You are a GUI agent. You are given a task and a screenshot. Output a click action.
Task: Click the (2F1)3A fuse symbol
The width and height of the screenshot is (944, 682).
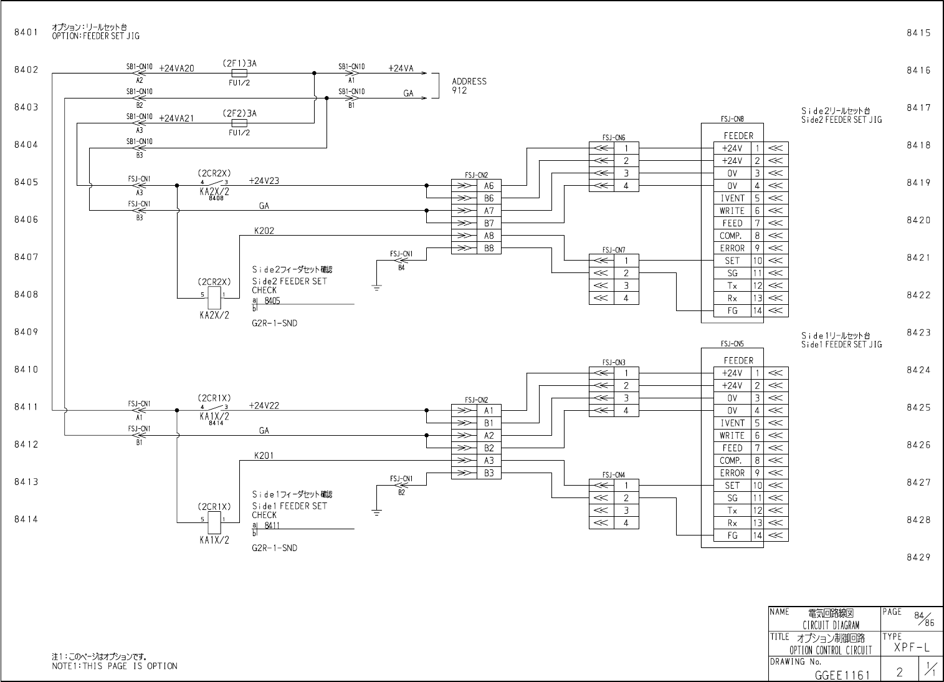239,73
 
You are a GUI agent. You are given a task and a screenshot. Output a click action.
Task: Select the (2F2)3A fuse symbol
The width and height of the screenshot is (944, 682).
239,123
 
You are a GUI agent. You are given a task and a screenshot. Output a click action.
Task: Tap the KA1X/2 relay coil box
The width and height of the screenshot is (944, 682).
213,523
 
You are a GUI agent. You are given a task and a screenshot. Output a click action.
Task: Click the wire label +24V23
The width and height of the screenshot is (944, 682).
264,181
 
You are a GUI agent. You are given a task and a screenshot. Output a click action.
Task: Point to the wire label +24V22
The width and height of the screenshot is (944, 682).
264,405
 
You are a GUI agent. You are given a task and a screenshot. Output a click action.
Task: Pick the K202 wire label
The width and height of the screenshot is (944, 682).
264,231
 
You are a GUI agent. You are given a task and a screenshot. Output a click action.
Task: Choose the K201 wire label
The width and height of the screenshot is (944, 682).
264,456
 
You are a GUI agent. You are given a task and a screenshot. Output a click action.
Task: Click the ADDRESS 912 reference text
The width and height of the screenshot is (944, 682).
469,86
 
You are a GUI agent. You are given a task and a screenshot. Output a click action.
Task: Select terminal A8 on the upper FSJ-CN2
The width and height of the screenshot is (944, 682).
489,236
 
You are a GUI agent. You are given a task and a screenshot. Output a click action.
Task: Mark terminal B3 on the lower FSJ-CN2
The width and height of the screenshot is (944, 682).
489,473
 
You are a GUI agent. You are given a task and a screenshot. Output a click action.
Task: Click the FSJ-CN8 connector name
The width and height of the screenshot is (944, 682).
732,118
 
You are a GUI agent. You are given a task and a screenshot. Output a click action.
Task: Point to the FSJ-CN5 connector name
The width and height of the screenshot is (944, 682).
732,343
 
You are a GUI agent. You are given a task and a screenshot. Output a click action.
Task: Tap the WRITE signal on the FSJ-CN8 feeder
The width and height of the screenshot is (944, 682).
732,211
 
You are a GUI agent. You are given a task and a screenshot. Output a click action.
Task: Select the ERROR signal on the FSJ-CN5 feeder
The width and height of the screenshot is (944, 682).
732,473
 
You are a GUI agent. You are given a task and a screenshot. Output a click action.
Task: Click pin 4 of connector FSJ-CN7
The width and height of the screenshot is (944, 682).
626,298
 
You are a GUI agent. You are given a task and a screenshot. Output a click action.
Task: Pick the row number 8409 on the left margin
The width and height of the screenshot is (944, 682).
26,332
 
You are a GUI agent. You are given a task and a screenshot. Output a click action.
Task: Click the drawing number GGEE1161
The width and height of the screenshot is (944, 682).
842,674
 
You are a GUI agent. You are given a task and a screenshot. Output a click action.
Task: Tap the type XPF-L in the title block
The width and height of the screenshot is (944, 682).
912,648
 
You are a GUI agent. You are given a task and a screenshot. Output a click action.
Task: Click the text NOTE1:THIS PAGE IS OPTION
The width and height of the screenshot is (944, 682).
115,666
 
